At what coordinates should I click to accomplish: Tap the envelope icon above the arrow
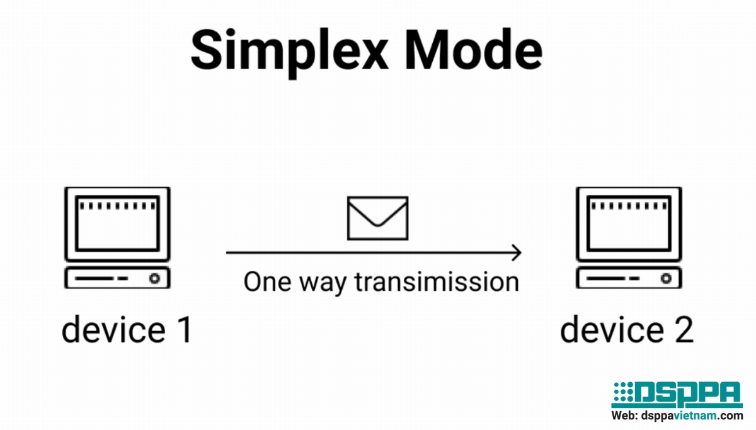pos(378,218)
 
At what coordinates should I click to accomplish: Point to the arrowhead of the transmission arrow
pos(517,253)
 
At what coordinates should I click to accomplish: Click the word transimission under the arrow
pos(437,281)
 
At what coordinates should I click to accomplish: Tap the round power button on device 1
pos(153,278)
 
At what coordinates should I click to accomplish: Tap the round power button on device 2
pos(665,278)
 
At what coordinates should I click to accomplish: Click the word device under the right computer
pos(610,331)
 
